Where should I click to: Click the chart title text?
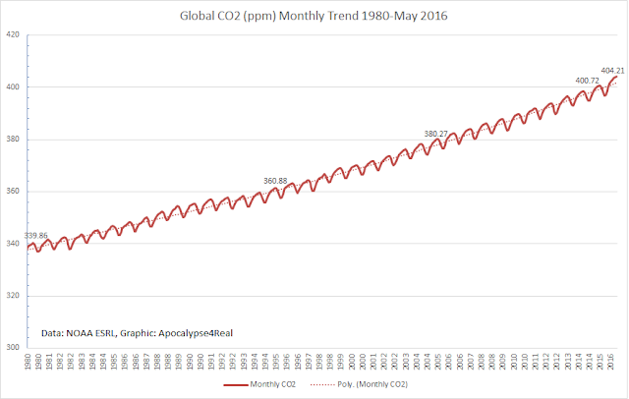(314, 16)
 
